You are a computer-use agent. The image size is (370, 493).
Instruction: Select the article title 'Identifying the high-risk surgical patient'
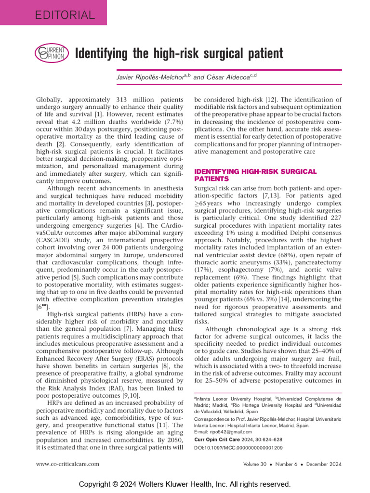(x=179, y=53)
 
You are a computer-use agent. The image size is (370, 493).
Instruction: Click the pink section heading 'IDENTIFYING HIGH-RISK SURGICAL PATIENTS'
(x=255, y=175)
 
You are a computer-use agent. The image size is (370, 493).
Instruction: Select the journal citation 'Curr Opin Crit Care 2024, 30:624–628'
(x=238, y=439)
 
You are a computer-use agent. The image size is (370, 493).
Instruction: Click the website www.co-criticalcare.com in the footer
(x=68, y=464)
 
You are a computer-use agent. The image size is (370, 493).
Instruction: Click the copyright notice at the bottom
(x=185, y=483)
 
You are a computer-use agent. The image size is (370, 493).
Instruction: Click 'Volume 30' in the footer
(x=259, y=464)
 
